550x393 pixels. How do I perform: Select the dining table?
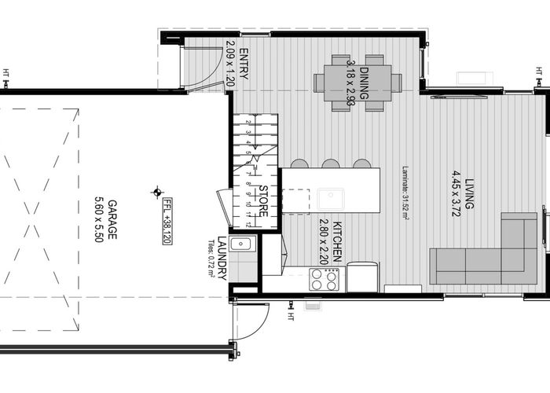tap(357, 83)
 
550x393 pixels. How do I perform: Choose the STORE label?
tap(264, 201)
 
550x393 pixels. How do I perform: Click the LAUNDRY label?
tap(222, 258)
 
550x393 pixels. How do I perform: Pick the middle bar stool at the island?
tap(330, 163)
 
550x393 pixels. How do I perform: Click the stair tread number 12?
tap(248, 224)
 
